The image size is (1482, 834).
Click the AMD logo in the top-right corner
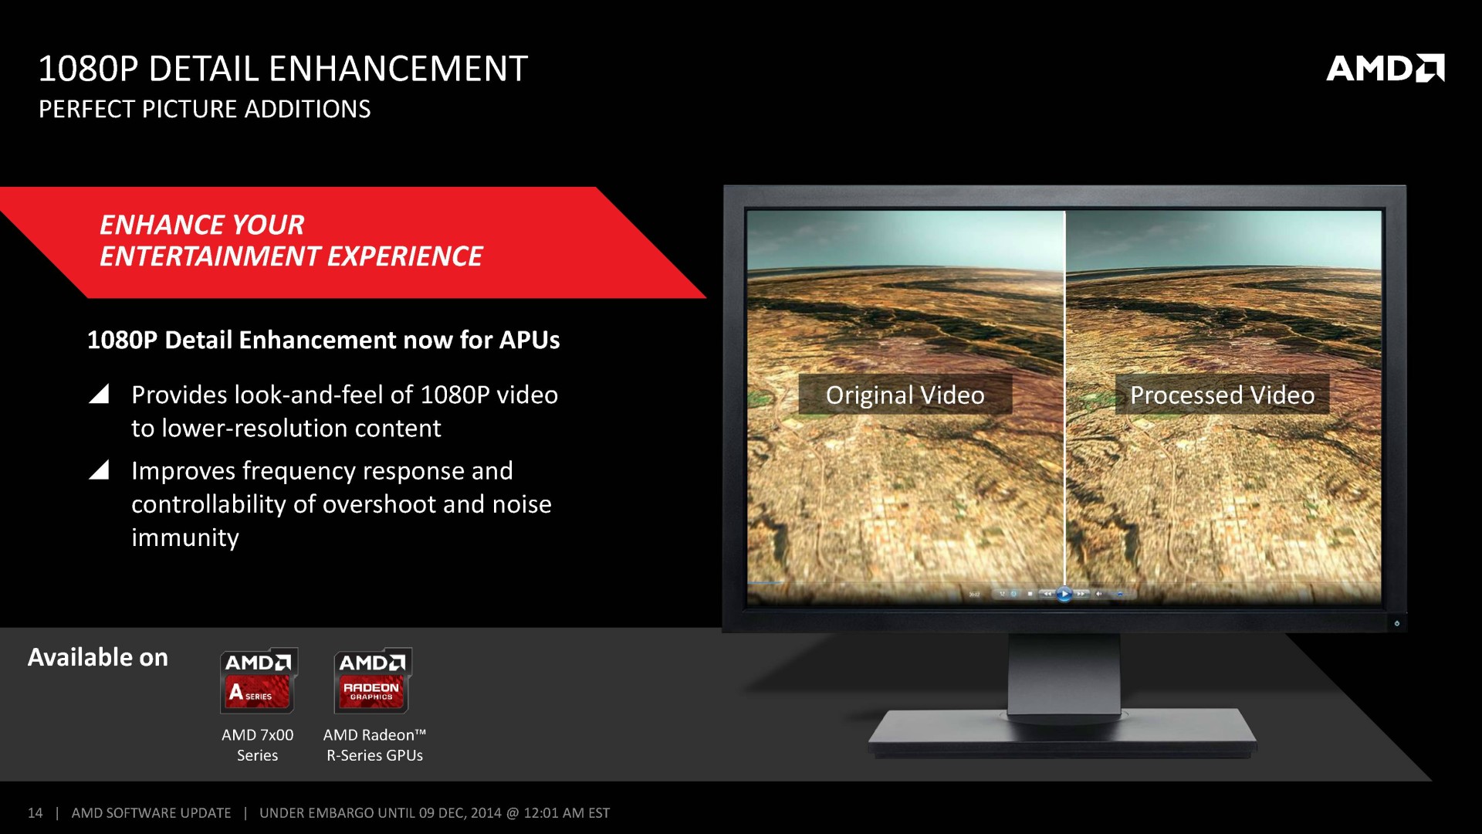[1385, 68]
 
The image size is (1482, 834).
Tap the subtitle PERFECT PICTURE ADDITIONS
[205, 109]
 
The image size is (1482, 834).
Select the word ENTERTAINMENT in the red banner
[211, 256]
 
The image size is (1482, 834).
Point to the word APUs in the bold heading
[530, 340]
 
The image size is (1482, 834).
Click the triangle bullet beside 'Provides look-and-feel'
[100, 395]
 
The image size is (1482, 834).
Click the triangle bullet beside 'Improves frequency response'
[100, 470]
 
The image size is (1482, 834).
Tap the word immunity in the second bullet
[185, 537]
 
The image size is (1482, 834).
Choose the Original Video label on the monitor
[905, 395]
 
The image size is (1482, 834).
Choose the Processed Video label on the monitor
[1223, 395]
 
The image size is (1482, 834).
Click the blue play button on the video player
[1064, 594]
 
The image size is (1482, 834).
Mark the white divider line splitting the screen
[1065, 398]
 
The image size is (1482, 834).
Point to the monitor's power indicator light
[1396, 623]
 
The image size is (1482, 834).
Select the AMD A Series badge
[259, 680]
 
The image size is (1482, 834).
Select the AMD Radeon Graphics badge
[373, 680]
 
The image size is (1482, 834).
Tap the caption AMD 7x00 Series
[258, 745]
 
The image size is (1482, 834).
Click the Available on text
[98, 657]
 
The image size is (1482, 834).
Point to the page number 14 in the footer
[35, 813]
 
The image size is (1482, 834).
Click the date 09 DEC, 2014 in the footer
[460, 813]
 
